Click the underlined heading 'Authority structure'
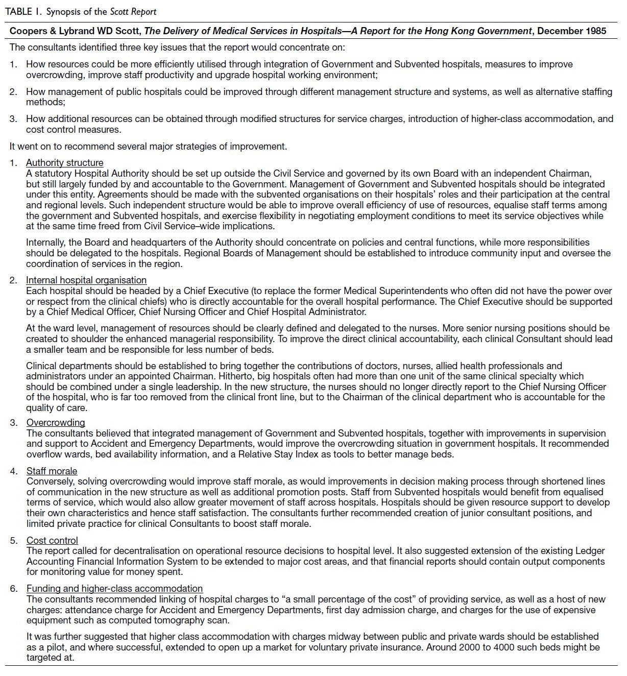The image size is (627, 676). [x=65, y=163]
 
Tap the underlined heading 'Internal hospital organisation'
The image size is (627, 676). [x=86, y=280]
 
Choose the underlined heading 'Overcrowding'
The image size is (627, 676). [x=56, y=423]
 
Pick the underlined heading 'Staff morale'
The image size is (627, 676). [x=52, y=471]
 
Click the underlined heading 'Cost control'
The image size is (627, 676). [x=52, y=541]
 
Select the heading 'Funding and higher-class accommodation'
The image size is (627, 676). [x=114, y=589]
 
